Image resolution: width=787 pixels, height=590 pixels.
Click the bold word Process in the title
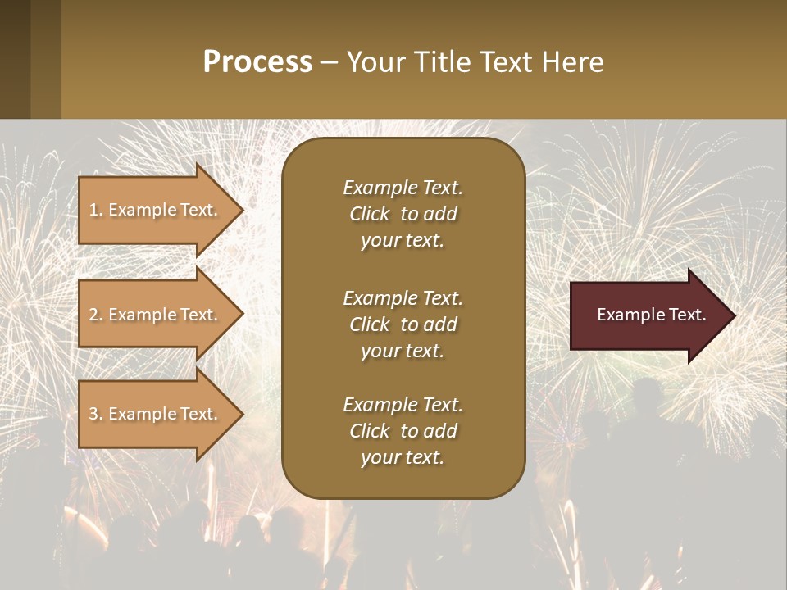click(x=257, y=62)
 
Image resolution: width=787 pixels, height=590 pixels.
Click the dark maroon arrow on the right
click(x=648, y=315)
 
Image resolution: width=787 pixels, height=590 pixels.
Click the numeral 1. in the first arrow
click(x=95, y=210)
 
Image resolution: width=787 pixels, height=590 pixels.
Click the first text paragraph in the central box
click(x=403, y=214)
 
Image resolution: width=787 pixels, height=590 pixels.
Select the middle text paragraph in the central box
click(x=403, y=324)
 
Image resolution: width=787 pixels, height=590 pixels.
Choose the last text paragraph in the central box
click(x=403, y=431)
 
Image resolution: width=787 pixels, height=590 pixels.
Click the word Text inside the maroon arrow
click(x=687, y=315)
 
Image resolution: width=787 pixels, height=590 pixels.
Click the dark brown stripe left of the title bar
click(x=15, y=59)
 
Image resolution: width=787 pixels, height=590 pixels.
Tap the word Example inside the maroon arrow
click(x=630, y=315)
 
